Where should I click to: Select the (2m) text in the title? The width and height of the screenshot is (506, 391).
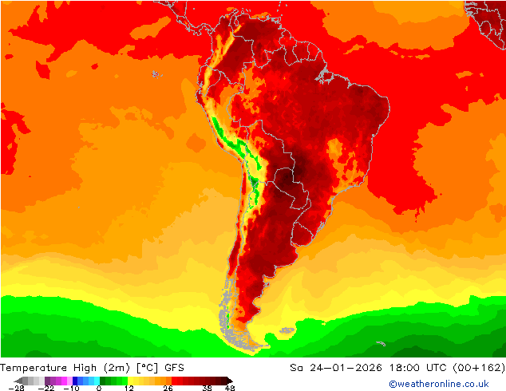point(123,367)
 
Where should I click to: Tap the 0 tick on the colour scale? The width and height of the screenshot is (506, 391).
point(99,388)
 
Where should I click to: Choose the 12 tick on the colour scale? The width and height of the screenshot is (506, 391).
point(128,388)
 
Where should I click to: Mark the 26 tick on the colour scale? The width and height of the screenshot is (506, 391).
point(168,388)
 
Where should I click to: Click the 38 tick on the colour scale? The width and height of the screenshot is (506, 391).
point(207,388)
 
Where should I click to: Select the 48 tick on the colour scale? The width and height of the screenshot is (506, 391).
point(230,388)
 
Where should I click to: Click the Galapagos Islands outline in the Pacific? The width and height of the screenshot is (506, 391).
point(155,74)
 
